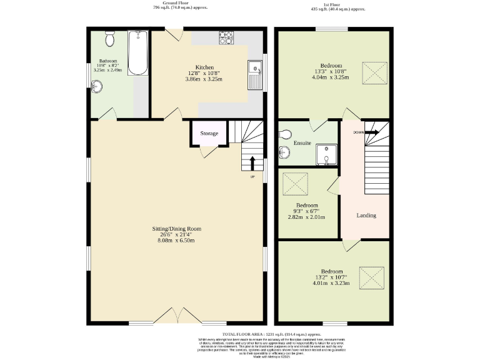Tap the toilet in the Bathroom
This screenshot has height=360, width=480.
pyautogui.click(x=111, y=39)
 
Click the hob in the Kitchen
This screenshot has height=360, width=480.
pyautogui.click(x=226, y=37)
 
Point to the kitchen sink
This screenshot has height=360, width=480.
pyautogui.click(x=255, y=74)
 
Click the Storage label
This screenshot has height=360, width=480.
pyautogui.click(x=209, y=134)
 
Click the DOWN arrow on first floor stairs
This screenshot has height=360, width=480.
pyautogui.click(x=369, y=132)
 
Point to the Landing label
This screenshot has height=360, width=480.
pyautogui.click(x=366, y=215)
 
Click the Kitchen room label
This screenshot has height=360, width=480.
pyautogui.click(x=204, y=67)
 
